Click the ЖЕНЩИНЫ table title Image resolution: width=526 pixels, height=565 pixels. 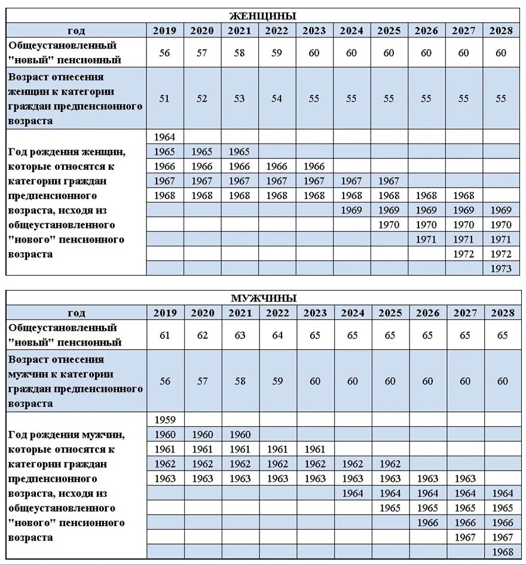click(263, 16)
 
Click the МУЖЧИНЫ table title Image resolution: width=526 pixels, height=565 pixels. click(263, 298)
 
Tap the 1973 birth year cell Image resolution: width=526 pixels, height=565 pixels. click(500, 268)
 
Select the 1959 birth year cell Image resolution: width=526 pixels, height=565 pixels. click(165, 420)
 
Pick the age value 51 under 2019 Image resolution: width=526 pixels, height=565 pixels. click(164, 99)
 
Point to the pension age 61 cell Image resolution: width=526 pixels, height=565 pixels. click(165, 335)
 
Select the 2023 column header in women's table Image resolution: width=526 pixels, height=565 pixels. click(314, 31)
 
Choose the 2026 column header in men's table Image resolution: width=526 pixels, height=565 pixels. click(427, 313)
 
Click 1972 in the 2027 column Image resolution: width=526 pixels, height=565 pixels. click(463, 254)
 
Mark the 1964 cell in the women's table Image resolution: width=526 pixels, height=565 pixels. click(165, 138)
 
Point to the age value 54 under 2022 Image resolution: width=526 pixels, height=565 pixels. click(277, 99)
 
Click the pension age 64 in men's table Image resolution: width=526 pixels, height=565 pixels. click(277, 335)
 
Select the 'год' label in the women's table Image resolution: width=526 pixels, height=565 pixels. click(77, 31)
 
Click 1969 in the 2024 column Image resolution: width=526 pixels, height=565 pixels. click(351, 210)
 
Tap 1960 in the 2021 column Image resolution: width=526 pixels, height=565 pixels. click(240, 435)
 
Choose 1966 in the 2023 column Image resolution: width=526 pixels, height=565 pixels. click(314, 167)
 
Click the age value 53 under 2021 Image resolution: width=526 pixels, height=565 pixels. click(239, 99)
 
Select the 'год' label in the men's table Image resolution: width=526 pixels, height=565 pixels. click(77, 313)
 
